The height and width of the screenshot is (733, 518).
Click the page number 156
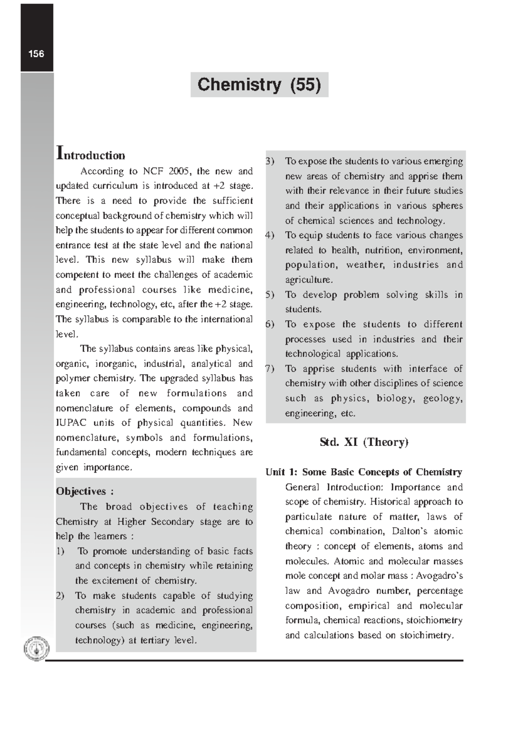36,54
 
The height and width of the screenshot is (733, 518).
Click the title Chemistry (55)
259,85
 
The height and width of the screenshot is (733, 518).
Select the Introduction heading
91,155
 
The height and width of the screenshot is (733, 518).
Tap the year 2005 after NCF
179,171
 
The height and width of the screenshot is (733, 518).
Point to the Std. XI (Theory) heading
363,442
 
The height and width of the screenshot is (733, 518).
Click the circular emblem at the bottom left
36,649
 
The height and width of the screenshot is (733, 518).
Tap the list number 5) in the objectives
270,295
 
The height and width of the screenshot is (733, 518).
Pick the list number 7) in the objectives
270,369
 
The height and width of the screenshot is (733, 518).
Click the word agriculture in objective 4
309,280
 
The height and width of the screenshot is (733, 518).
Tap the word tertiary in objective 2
153,640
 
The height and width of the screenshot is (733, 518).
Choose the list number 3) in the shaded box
270,161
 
